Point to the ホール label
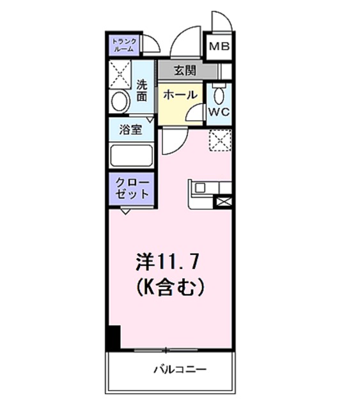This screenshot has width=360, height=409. coord(179,95)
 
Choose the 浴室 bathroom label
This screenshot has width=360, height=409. coord(131,129)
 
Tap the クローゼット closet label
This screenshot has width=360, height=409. coord(131,188)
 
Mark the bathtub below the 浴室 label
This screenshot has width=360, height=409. coord(131,156)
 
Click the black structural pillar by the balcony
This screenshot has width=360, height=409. coord(113,337)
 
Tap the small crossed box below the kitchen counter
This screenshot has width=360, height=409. coord(224,202)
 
